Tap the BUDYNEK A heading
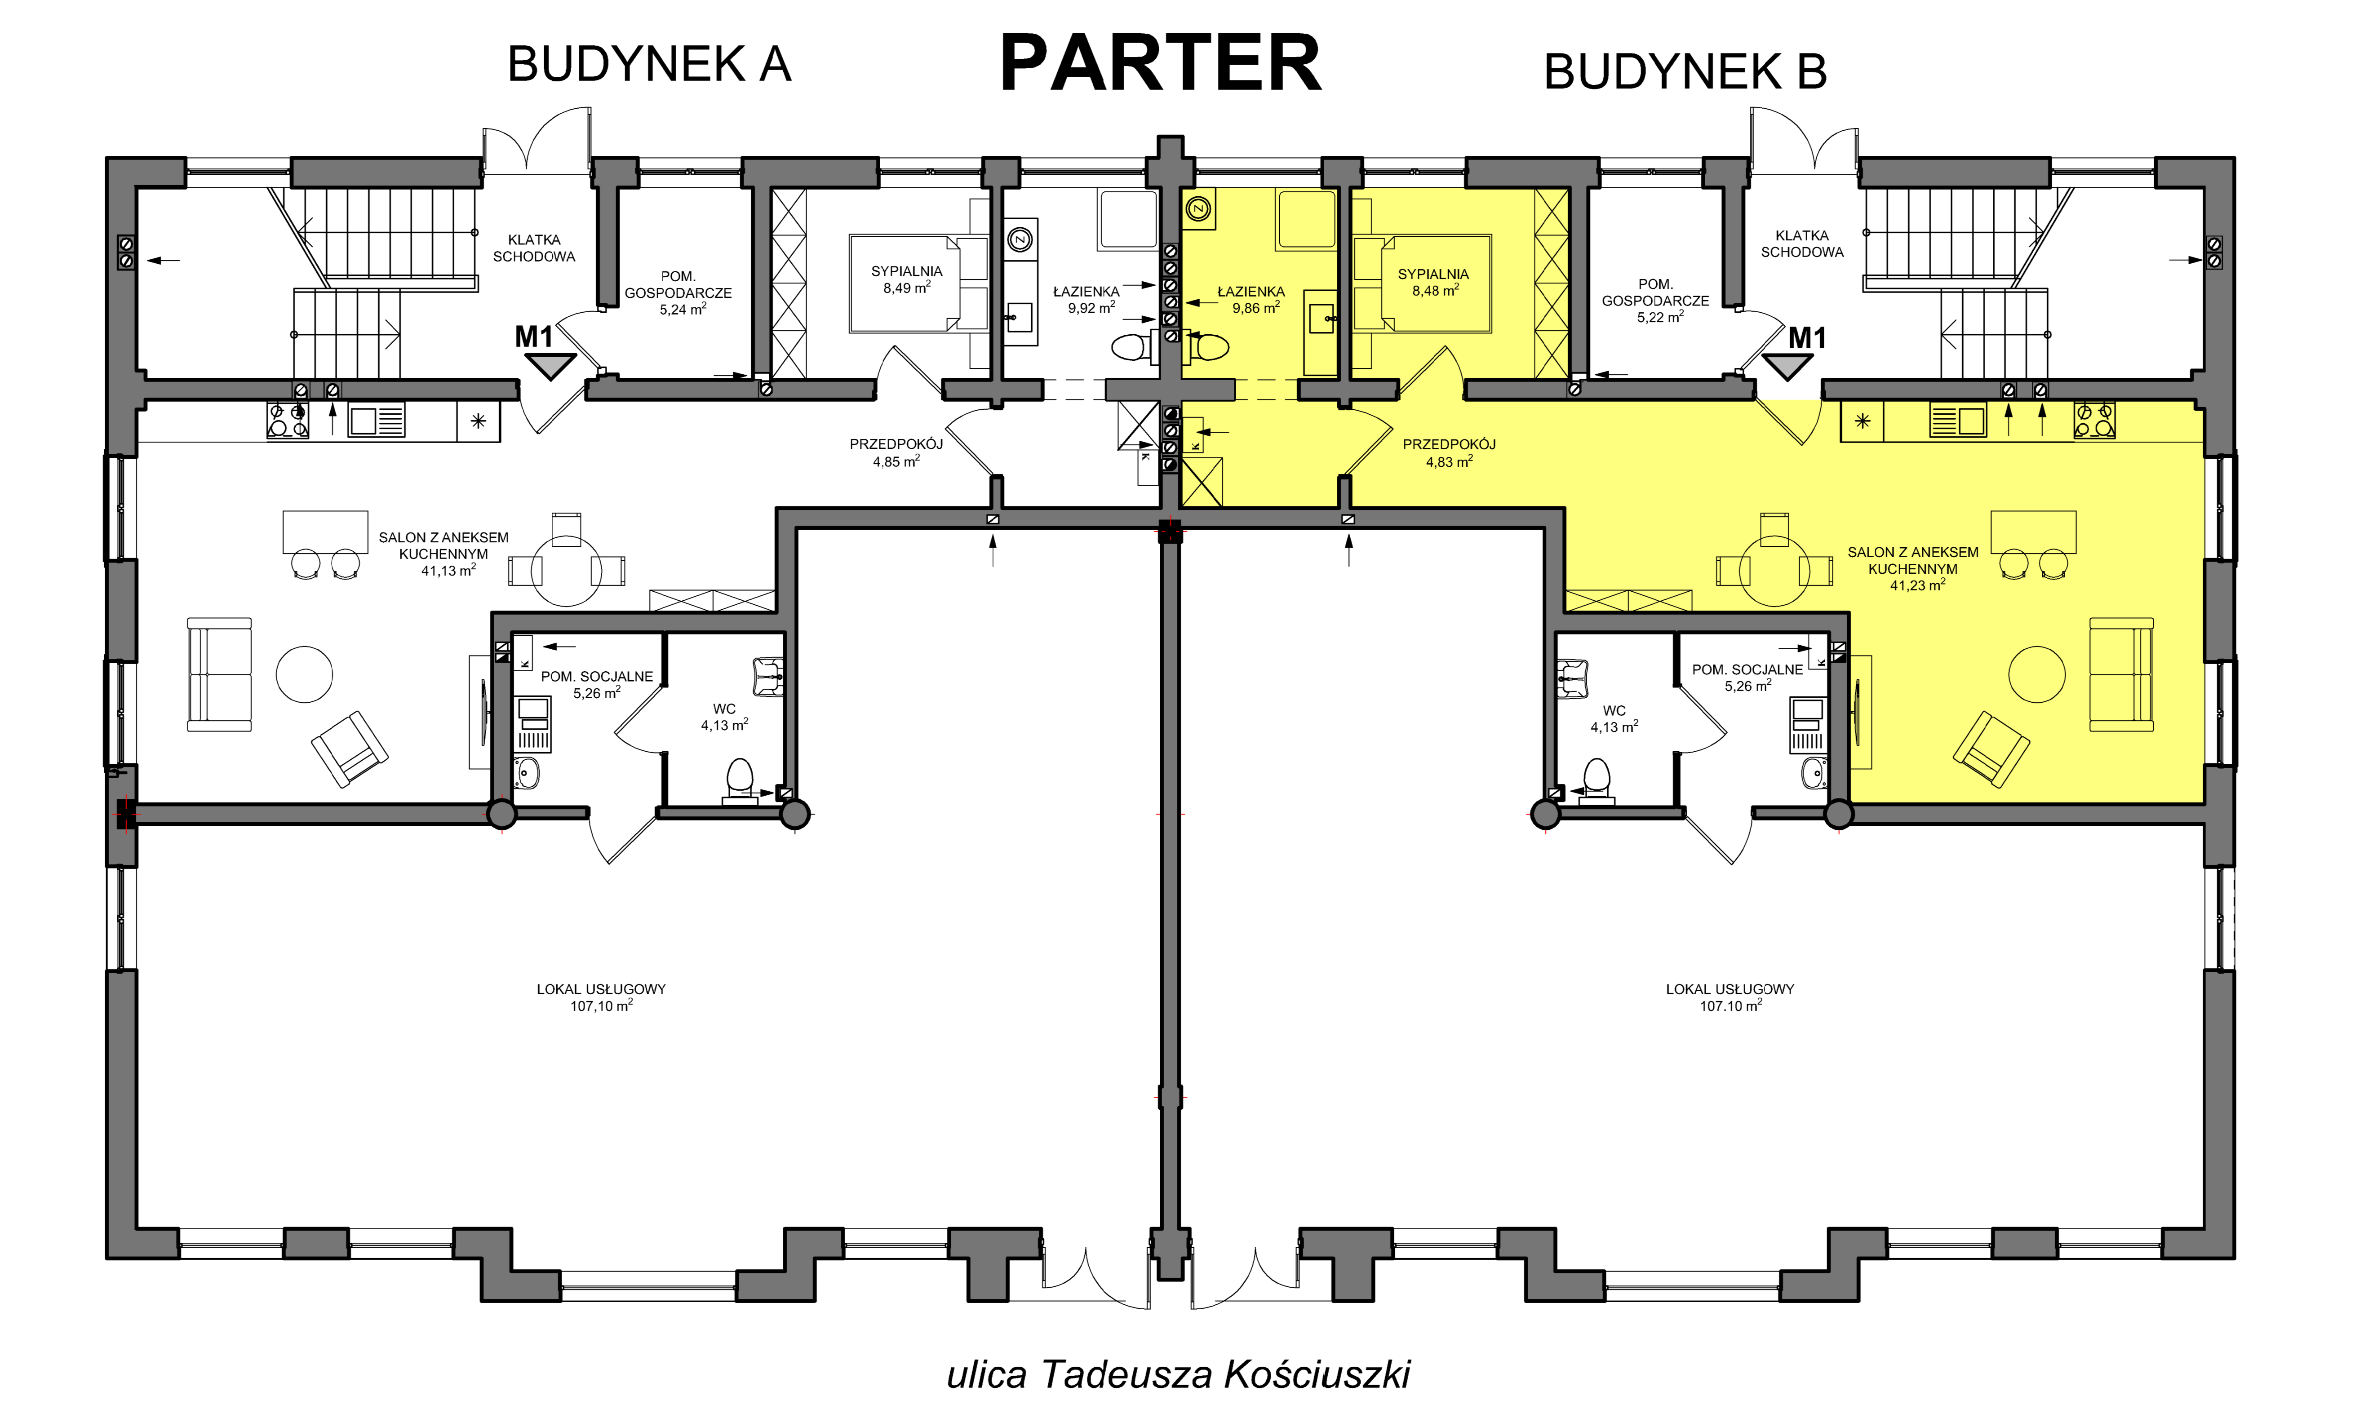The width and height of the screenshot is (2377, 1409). [x=649, y=65]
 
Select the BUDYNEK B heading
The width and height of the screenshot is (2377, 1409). [x=1685, y=71]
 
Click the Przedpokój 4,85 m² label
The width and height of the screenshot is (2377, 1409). [x=896, y=453]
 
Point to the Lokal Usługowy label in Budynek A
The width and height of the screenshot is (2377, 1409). [x=601, y=997]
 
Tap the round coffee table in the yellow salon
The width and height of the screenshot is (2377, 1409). [x=2037, y=674]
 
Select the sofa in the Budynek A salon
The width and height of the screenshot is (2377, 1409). [x=219, y=674]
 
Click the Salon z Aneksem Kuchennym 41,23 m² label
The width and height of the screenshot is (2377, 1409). [x=1913, y=569]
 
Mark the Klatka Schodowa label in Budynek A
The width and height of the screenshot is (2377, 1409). [x=533, y=248]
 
